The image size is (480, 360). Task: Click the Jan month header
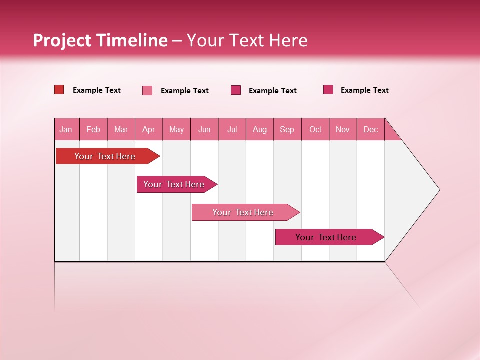tap(66, 129)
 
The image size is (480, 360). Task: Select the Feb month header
tap(93, 129)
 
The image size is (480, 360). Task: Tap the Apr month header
tap(148, 129)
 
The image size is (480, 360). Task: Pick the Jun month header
tap(204, 129)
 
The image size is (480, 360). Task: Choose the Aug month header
tap(260, 129)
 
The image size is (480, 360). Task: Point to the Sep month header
tap(287, 129)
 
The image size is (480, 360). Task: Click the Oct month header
tap(315, 129)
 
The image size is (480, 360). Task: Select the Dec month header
tap(371, 129)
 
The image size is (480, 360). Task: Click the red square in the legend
tap(59, 90)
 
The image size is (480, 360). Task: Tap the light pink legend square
tap(147, 90)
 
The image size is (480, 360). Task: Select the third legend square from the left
tap(236, 90)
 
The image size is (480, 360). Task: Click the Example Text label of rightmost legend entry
tap(364, 90)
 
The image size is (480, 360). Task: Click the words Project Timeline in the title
tap(100, 40)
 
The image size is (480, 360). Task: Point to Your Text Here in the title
tap(247, 40)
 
